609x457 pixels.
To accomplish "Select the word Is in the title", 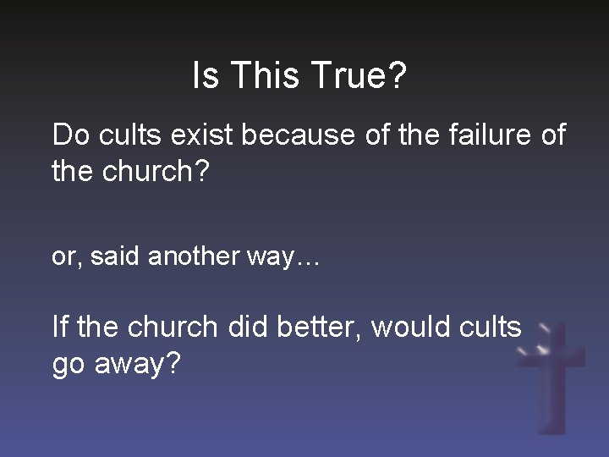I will click(x=206, y=76).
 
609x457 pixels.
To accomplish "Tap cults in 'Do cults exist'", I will click(x=127, y=135).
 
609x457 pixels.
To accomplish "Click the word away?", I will click(x=138, y=365).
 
